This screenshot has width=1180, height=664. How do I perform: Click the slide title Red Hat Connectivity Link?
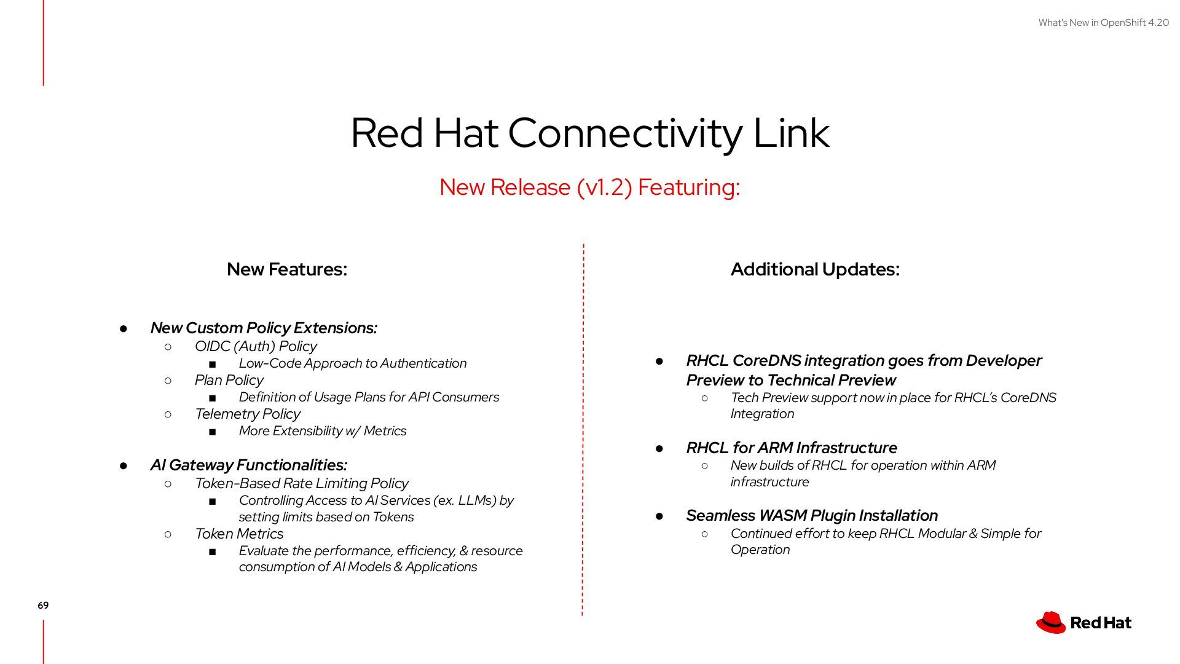coord(590,133)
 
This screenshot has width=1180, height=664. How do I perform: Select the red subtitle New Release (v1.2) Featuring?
coord(590,187)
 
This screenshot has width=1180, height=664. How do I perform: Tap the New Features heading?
coord(287,269)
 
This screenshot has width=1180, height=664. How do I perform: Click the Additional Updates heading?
coord(815,269)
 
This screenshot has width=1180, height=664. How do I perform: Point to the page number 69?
coord(43,606)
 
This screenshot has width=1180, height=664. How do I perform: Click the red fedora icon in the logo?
coord(1051,622)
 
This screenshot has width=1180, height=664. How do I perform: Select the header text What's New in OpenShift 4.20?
coord(1103,23)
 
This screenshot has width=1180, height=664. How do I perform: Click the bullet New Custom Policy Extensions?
coord(264,328)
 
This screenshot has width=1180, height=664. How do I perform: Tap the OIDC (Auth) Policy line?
coord(256,346)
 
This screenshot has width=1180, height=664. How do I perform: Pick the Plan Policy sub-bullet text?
coord(229,380)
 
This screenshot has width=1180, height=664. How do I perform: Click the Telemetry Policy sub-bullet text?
coord(248,414)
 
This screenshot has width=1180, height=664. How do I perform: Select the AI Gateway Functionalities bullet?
coord(249,465)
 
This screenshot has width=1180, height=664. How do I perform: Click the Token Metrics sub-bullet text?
coord(239,534)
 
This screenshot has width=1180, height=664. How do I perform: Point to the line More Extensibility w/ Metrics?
coord(323,431)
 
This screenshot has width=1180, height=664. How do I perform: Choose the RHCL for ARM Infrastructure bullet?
coord(792,448)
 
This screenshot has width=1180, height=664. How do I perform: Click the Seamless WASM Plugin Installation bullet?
coord(812,515)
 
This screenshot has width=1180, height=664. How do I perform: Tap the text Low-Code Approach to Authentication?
coord(353,363)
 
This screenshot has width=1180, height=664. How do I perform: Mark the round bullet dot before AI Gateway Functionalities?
coord(124,466)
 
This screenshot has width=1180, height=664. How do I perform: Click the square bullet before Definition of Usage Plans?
coord(213,398)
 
